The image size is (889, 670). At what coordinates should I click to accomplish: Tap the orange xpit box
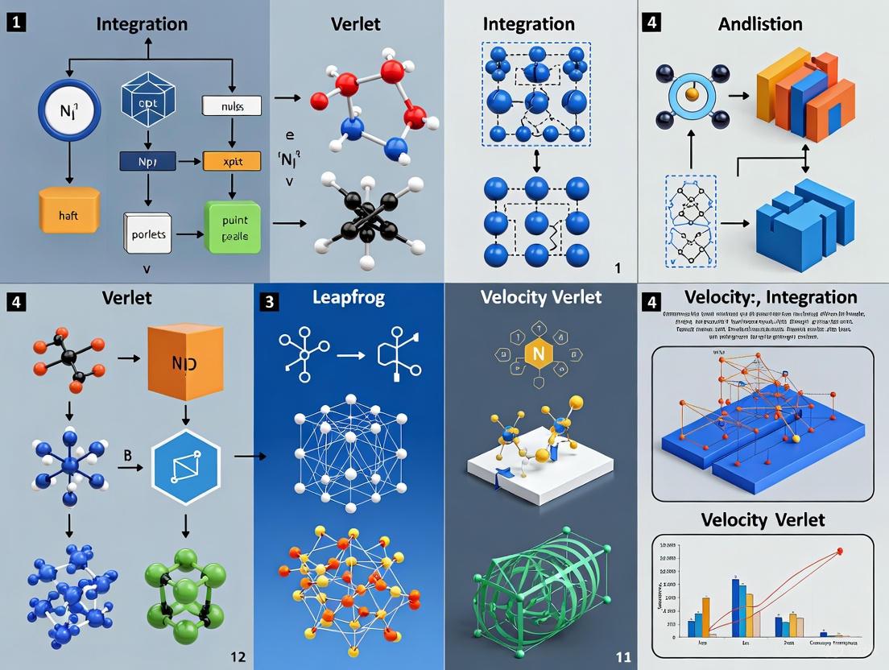pos(232,160)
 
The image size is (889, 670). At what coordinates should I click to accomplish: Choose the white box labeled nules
pos(232,104)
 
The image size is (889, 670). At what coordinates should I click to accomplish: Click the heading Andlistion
pos(760,24)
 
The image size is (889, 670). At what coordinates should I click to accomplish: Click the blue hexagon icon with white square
pos(186,466)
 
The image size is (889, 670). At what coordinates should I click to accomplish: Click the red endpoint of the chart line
pos(840,552)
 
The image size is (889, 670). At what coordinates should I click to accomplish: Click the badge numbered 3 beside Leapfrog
pos(270,303)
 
